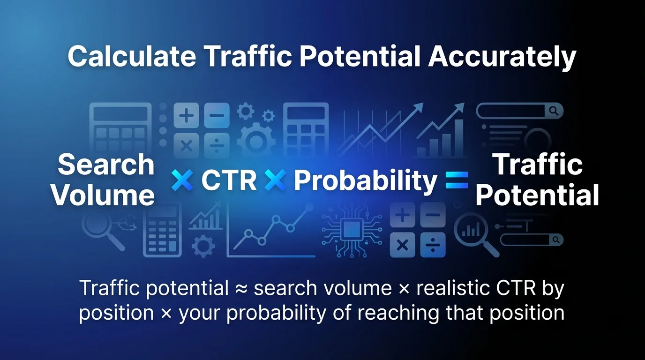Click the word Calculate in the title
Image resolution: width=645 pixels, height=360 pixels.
(132, 57)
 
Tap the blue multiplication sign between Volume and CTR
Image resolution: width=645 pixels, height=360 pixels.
(182, 180)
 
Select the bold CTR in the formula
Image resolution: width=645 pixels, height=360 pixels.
(229, 180)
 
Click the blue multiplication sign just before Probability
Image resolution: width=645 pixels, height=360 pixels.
(275, 180)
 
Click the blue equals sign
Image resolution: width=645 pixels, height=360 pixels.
(457, 180)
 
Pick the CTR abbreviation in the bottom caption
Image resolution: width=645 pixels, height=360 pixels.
(517, 288)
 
